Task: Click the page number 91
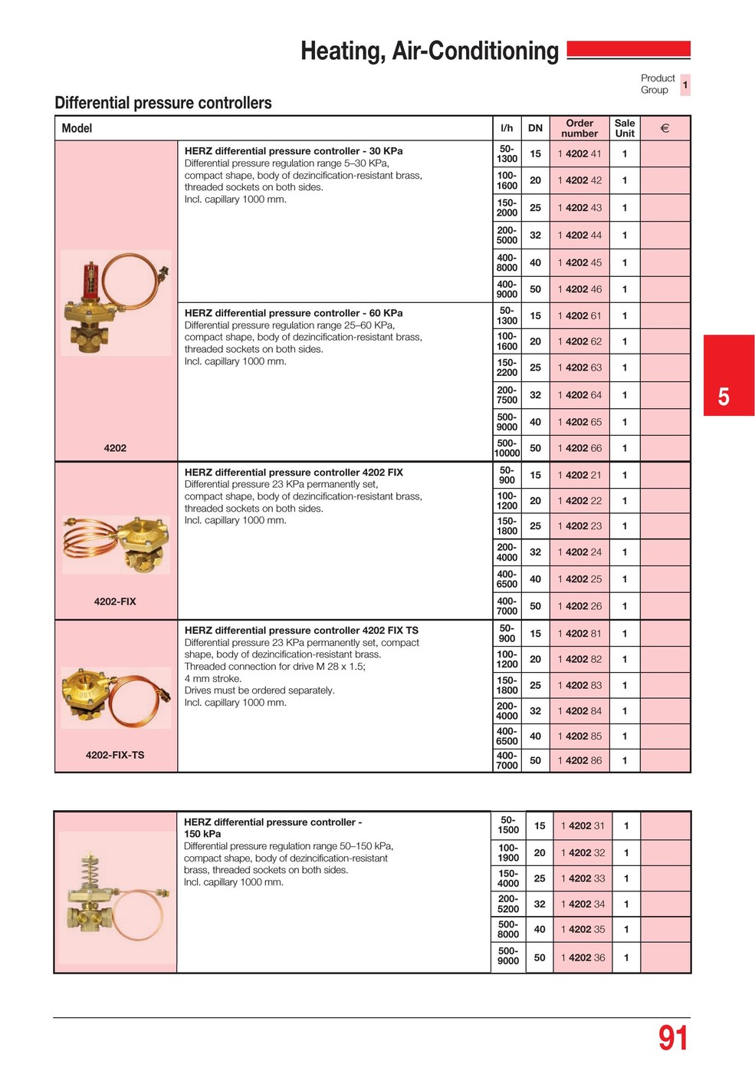pyautogui.click(x=673, y=1038)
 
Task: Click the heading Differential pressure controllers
pyautogui.click(x=163, y=103)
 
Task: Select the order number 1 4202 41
pyautogui.click(x=579, y=153)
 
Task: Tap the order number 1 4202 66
pyautogui.click(x=579, y=448)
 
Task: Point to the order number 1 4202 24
pyautogui.click(x=579, y=552)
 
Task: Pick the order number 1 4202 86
pyautogui.click(x=579, y=760)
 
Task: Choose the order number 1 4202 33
pyautogui.click(x=583, y=878)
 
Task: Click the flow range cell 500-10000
pyautogui.click(x=507, y=448)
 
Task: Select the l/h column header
pyautogui.click(x=507, y=128)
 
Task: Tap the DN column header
pyautogui.click(x=535, y=128)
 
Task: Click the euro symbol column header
pyautogui.click(x=665, y=128)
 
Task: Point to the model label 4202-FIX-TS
pyautogui.click(x=115, y=755)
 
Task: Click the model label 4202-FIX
pyautogui.click(x=115, y=601)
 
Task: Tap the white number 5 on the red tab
pyautogui.click(x=724, y=397)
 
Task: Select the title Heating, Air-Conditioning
pyautogui.click(x=429, y=51)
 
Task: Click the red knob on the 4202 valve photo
pyautogui.click(x=91, y=274)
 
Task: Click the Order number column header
pyautogui.click(x=579, y=128)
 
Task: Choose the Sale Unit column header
pyautogui.click(x=625, y=128)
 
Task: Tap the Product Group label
pyautogui.click(x=658, y=84)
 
